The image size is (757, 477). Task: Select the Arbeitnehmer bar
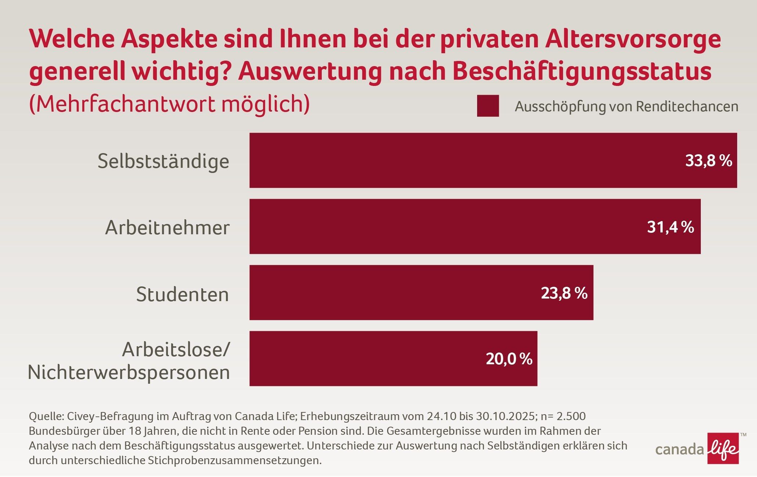click(441, 227)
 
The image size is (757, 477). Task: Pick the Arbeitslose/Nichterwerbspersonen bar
click(367, 359)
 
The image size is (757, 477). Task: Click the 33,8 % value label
click(709, 161)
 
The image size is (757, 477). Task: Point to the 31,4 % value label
click(670, 227)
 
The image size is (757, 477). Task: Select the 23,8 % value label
click(564, 293)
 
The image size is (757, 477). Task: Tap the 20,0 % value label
click(509, 359)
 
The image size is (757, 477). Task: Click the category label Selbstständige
click(163, 161)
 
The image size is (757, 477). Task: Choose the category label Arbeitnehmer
click(167, 228)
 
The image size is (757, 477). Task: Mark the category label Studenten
click(183, 294)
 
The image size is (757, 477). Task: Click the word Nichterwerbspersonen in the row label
click(129, 372)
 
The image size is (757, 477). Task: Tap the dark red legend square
click(488, 106)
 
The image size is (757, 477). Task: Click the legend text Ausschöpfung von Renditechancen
click(626, 106)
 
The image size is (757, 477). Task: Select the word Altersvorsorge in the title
click(633, 39)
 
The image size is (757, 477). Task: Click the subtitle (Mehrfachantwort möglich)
click(169, 104)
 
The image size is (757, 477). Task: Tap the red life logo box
click(723, 448)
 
